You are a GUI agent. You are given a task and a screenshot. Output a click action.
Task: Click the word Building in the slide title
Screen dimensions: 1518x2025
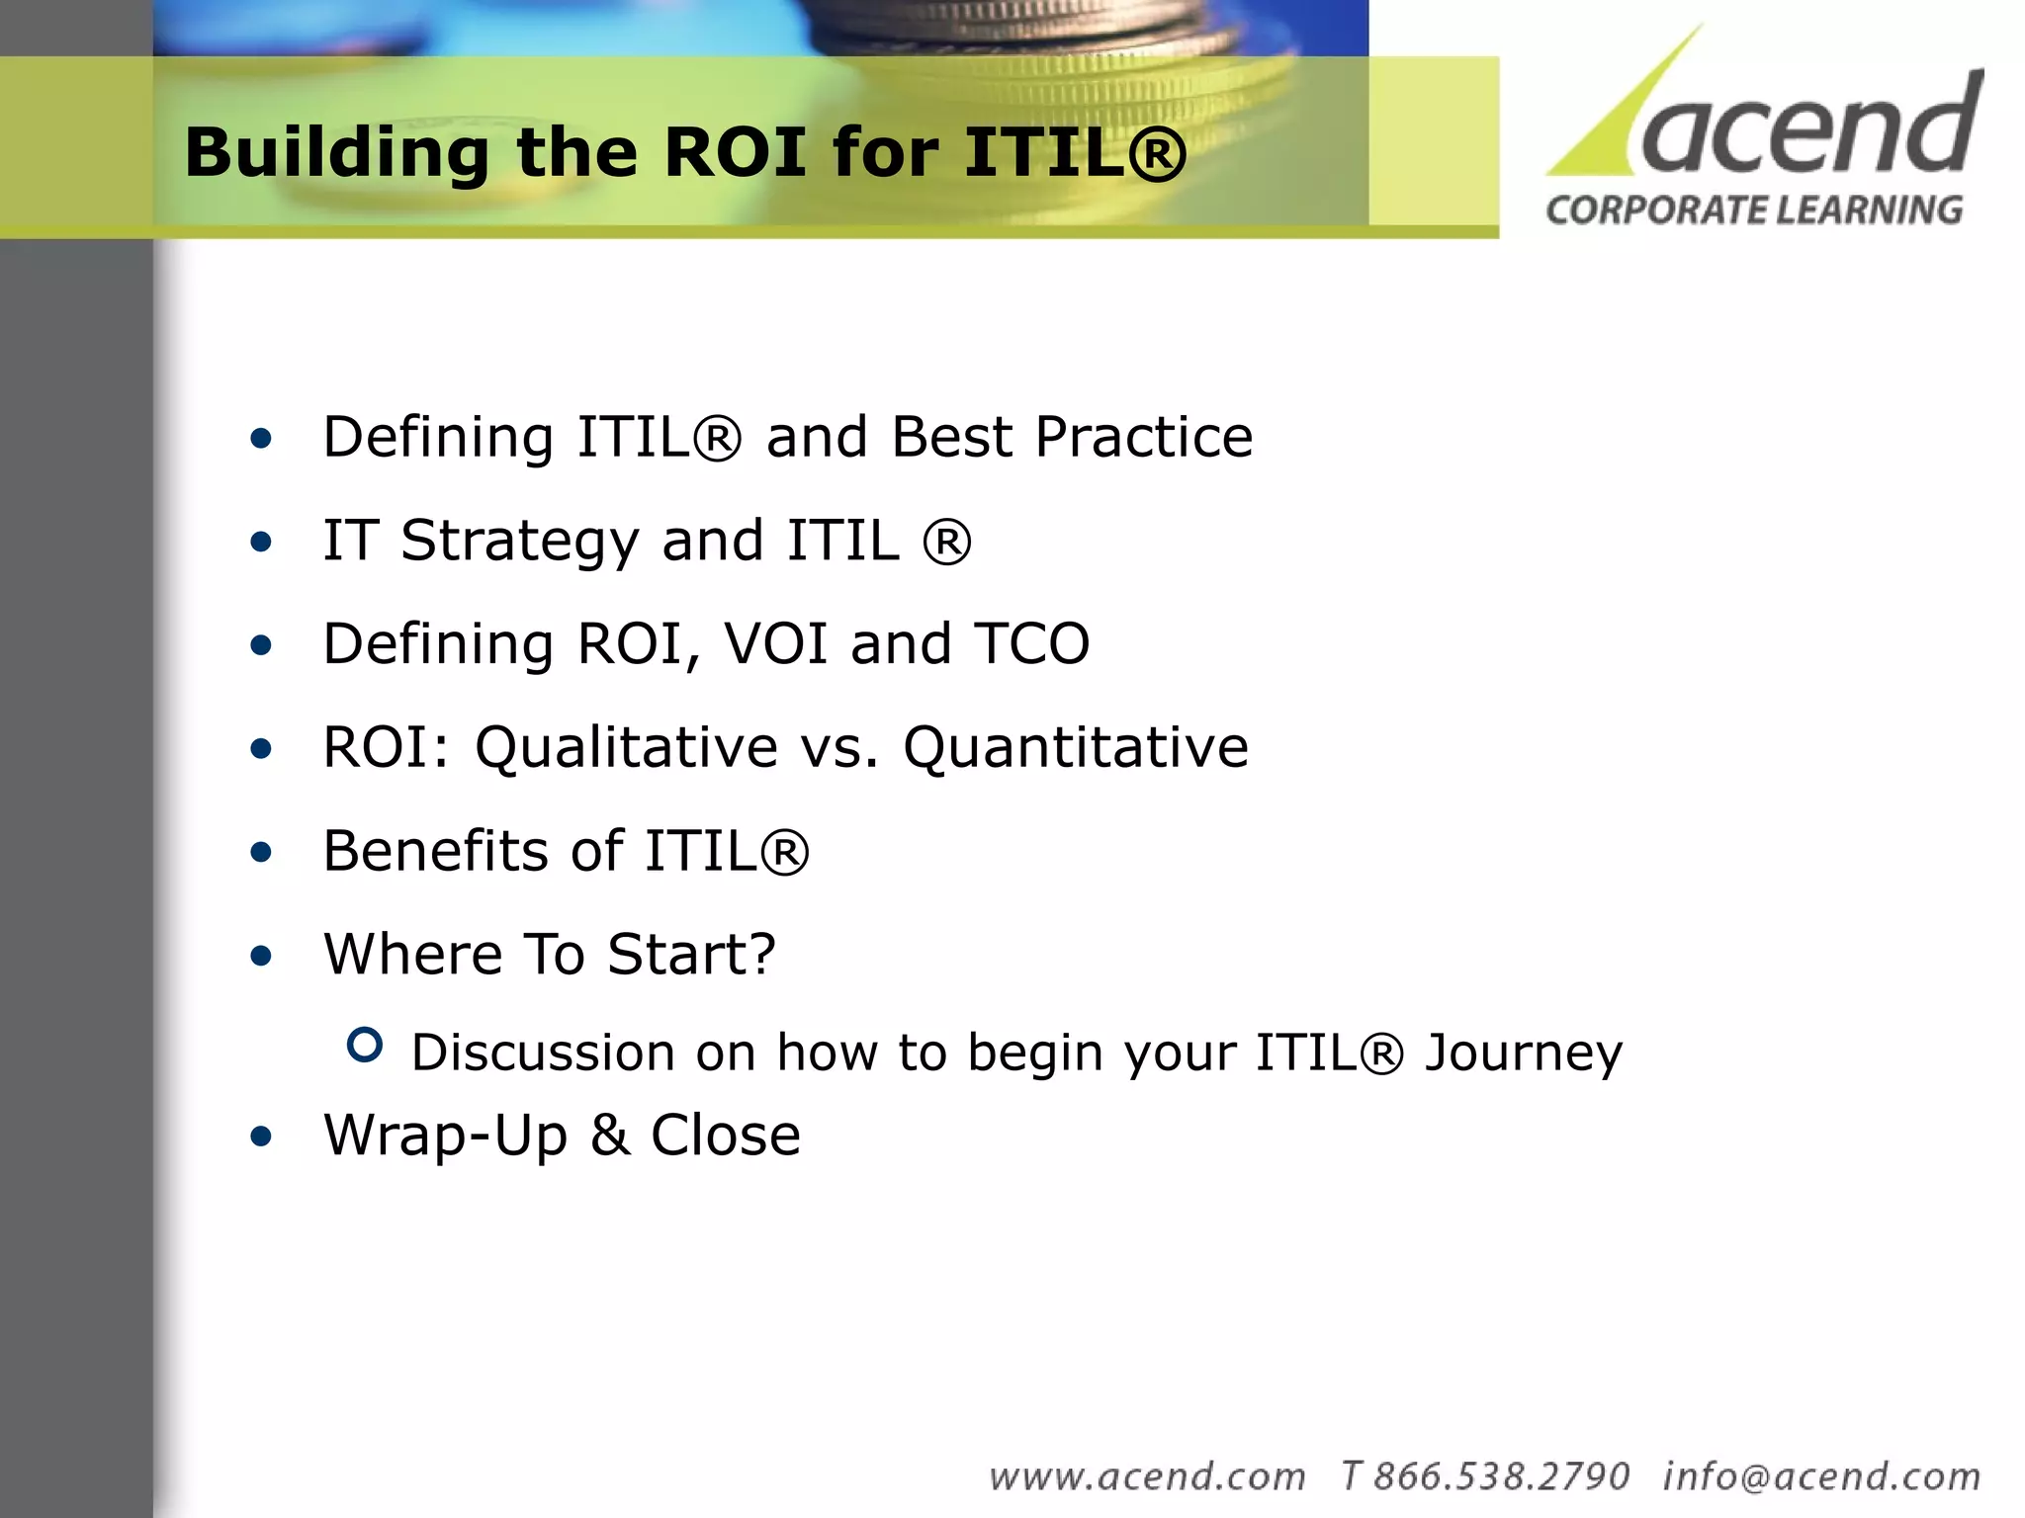coord(336,154)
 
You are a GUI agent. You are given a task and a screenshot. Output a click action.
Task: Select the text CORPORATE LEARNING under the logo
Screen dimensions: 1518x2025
coord(1754,211)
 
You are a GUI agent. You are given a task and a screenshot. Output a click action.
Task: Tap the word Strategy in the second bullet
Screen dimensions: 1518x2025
coord(519,543)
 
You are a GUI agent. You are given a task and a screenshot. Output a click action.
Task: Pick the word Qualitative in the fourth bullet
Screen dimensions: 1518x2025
coord(626,748)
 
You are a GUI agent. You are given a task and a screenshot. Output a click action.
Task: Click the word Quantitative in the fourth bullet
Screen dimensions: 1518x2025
coord(1075,748)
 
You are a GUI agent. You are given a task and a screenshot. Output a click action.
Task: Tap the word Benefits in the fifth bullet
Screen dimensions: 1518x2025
coord(449,851)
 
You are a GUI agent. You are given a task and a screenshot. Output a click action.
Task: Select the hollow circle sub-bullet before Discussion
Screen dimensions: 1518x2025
coord(365,1045)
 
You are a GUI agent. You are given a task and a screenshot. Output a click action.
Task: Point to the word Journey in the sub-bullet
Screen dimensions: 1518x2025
coord(1523,1054)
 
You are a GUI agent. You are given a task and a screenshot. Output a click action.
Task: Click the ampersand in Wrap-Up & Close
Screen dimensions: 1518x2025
coord(610,1136)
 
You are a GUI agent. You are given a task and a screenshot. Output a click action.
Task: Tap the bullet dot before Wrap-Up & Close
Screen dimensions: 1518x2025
coord(261,1137)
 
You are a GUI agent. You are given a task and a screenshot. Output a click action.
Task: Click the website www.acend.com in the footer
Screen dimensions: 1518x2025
coord(1147,1476)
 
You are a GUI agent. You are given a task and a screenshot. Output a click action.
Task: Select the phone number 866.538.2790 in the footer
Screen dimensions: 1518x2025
coord(1501,1476)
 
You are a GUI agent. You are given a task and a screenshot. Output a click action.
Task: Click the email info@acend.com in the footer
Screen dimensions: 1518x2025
coord(1821,1476)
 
